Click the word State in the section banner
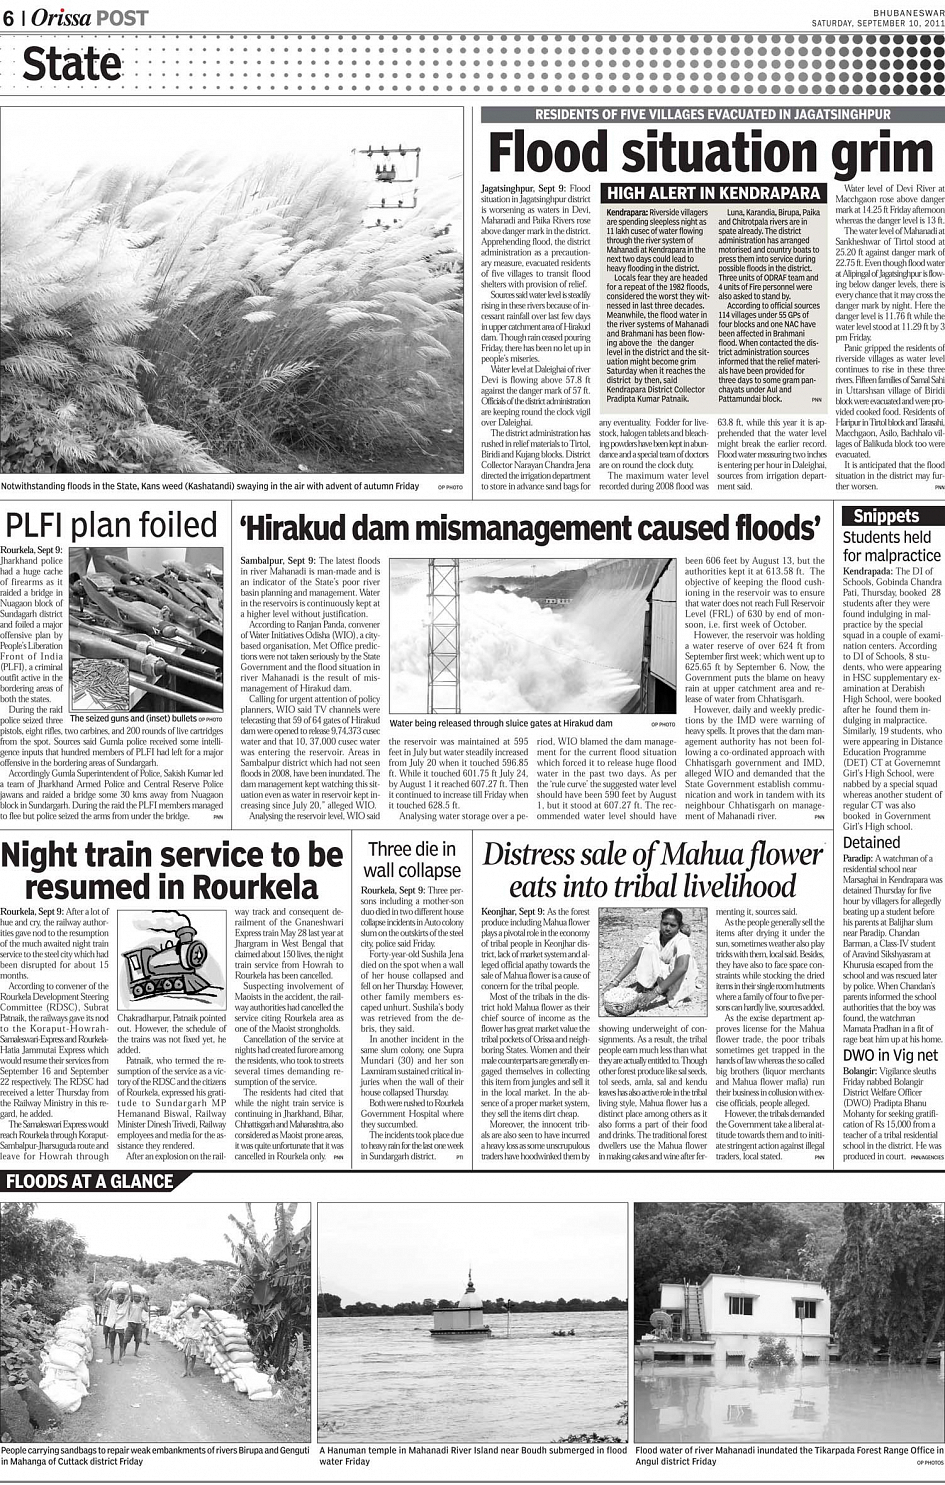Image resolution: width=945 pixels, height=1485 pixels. click(71, 65)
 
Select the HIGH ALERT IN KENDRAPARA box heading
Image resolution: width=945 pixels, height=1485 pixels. click(714, 193)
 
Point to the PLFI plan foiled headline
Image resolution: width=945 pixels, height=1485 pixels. click(111, 525)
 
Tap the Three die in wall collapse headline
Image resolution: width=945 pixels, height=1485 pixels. click(413, 860)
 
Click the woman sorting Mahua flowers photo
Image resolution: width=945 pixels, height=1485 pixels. click(649, 961)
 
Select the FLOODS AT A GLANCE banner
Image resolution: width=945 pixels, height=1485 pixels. click(89, 1181)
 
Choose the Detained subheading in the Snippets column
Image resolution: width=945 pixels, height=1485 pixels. click(871, 842)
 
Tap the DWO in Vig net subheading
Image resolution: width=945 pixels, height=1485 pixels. click(890, 1055)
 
